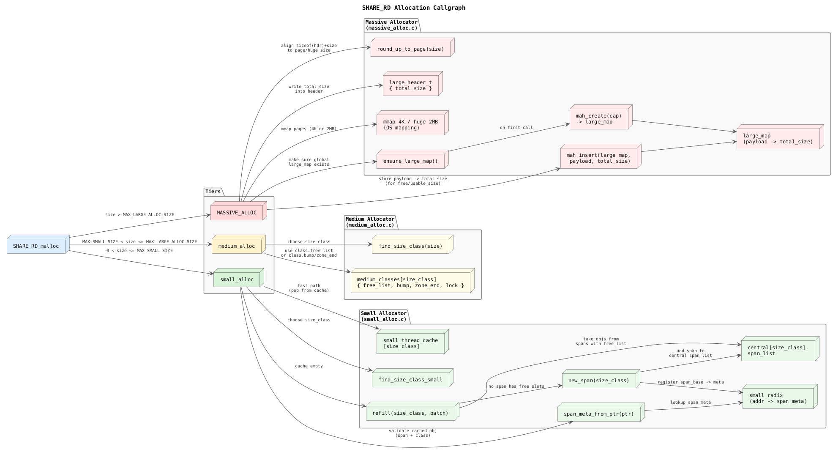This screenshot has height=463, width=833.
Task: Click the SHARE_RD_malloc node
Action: coord(36,246)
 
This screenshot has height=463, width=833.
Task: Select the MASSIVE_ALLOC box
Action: coord(237,213)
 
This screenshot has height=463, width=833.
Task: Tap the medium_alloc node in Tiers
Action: coord(237,246)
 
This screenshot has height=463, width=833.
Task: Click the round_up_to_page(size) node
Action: coord(410,49)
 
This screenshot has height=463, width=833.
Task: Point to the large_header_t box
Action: coord(410,85)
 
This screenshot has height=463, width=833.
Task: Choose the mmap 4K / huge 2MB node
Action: coord(410,125)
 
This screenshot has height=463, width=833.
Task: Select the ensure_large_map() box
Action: coord(410,161)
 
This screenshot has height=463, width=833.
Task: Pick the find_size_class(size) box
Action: coord(410,246)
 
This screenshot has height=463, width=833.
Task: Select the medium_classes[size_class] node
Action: coord(410,282)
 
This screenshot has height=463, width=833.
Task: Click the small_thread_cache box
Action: coord(410,343)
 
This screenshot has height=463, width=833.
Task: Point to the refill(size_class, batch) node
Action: coord(410,413)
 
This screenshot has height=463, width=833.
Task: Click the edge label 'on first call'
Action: coord(516,127)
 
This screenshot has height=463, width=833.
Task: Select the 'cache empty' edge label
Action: coord(309,366)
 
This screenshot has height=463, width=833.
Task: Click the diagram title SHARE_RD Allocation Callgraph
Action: coord(413,8)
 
